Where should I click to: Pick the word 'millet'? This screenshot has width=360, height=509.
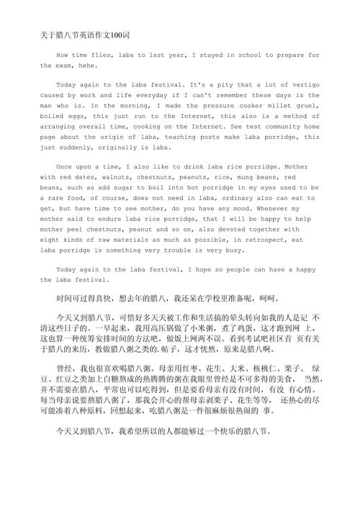[282, 105]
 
